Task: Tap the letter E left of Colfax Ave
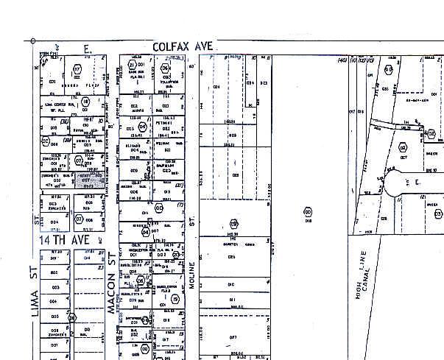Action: click(x=86, y=48)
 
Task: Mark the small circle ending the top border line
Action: click(x=33, y=40)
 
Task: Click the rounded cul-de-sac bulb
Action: click(x=407, y=181)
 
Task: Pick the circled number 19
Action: click(x=175, y=300)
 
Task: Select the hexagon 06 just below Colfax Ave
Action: click(x=165, y=70)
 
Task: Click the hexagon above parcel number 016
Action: click(x=307, y=212)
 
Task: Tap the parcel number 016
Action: click(x=308, y=219)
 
